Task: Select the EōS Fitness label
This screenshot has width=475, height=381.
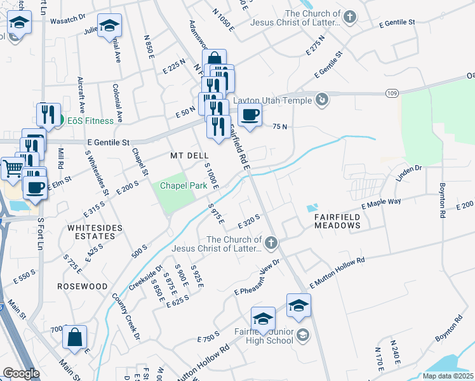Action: point(88,121)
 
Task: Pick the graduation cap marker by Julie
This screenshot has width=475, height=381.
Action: point(110,27)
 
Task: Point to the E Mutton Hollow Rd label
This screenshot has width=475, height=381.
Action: point(337,272)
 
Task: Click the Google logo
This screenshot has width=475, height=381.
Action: point(21,373)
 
